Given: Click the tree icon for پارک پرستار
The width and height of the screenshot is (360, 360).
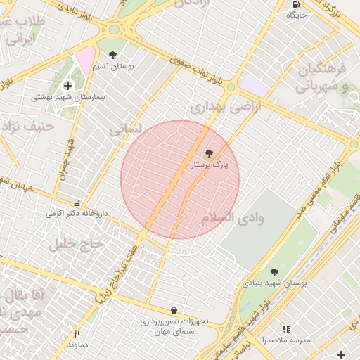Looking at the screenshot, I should point(208,153).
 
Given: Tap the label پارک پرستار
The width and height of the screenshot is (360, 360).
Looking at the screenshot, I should point(210,165).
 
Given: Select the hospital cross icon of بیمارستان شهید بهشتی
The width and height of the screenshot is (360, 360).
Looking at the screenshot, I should point(67,86).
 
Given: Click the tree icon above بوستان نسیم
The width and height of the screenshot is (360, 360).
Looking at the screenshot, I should point(112,55).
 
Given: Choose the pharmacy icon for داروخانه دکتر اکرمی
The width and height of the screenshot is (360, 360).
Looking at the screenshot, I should point(77,203).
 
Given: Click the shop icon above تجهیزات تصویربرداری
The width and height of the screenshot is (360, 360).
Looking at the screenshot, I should point(174,310).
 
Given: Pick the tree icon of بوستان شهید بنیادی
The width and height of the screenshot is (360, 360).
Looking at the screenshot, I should point(274,272).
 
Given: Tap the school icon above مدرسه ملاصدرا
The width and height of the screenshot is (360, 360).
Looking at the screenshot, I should point(286,329).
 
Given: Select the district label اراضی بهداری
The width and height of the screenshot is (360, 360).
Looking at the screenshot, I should point(226,106).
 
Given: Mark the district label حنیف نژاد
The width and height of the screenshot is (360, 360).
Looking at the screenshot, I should point(28,127).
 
